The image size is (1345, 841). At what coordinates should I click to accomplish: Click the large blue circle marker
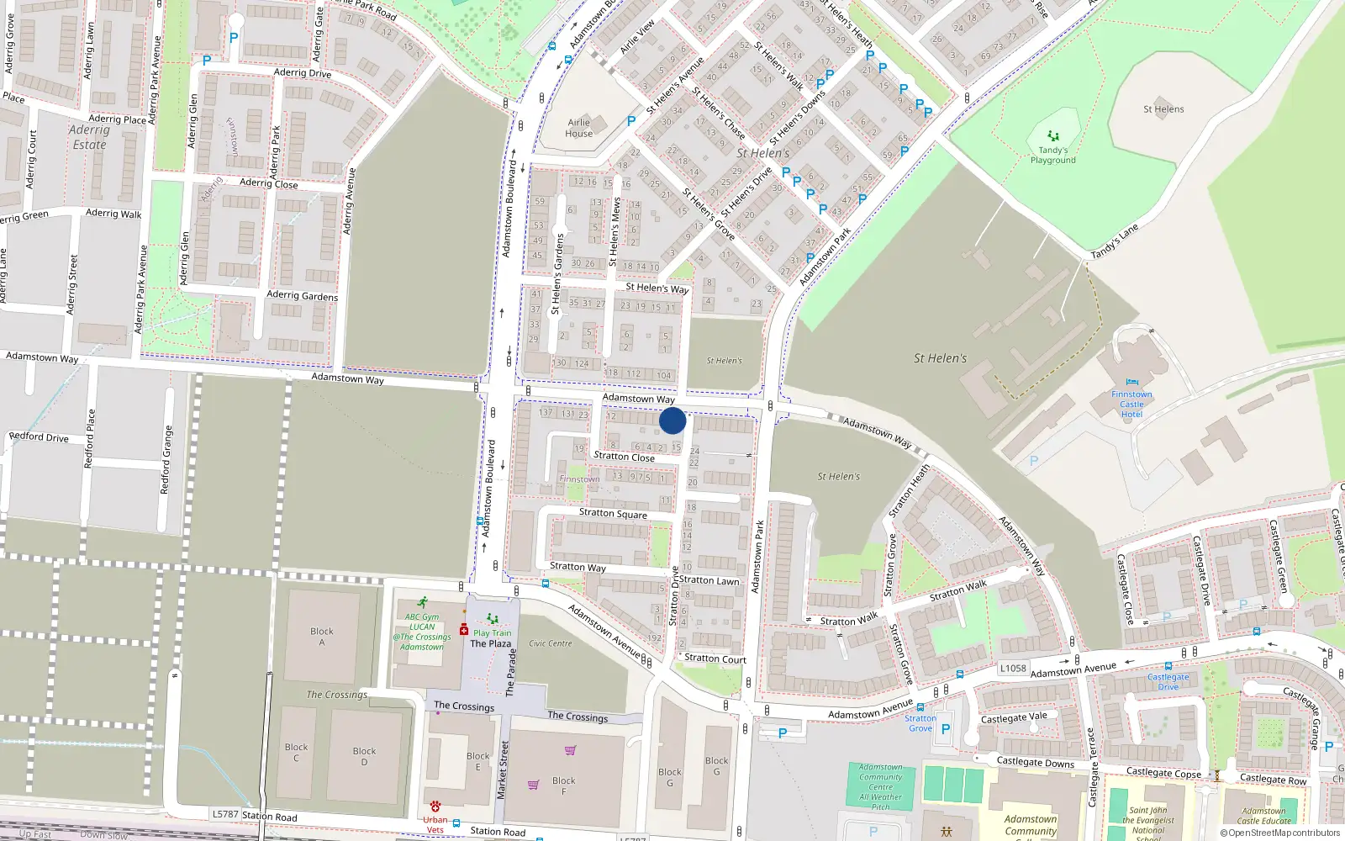672,420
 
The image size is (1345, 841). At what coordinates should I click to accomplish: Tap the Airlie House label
579,128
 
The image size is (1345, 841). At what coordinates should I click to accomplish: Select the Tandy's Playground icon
1053,135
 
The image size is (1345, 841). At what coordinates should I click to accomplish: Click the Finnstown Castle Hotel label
1131,405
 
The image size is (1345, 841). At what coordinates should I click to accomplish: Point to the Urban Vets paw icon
435,807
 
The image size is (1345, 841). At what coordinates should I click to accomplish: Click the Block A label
322,637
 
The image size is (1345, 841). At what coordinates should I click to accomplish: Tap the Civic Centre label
551,643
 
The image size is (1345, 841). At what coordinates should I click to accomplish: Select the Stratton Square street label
613,513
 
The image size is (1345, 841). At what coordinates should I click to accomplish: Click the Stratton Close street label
624,457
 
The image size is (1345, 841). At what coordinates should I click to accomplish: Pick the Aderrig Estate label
89,137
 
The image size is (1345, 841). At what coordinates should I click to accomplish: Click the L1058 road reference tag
1013,669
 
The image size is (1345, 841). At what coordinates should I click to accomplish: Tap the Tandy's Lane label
1115,242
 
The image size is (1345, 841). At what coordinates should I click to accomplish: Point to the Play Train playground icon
493,620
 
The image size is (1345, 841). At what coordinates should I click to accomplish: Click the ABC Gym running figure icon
422,603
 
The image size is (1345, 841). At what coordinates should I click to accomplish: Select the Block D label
364,757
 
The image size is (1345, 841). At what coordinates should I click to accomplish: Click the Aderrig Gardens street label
302,295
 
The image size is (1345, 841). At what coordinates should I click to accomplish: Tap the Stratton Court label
715,659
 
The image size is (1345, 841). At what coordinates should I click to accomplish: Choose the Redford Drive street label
39,437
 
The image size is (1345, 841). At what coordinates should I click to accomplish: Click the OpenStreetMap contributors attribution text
1279,833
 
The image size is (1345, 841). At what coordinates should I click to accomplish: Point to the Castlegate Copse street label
1163,773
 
